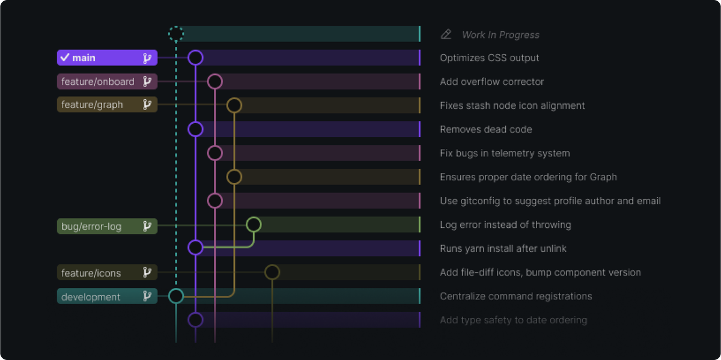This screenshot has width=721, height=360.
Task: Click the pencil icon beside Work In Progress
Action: tap(446, 34)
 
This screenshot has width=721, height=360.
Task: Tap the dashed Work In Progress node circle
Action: tap(175, 34)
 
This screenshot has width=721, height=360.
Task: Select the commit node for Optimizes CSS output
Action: tap(195, 58)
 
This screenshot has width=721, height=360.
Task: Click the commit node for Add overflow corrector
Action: tap(214, 81)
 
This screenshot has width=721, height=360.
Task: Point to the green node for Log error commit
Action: tap(254, 225)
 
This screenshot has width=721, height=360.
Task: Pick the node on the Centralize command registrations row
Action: tap(175, 296)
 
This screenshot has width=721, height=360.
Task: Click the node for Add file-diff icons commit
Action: tap(272, 272)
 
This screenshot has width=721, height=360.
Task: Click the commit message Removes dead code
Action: tap(485, 129)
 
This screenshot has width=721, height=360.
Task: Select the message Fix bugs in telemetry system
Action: tap(505, 153)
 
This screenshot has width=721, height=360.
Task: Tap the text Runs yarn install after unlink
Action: tap(503, 248)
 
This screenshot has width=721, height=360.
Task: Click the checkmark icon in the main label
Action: tap(65, 58)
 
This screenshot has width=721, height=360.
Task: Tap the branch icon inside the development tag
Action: tap(147, 296)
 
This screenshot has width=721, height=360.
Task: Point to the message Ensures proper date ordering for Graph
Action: tap(528, 177)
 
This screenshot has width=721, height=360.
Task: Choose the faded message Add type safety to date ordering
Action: tap(513, 320)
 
